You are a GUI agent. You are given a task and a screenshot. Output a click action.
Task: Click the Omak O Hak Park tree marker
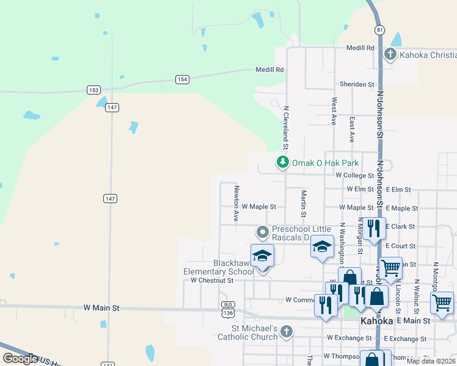click(282, 162)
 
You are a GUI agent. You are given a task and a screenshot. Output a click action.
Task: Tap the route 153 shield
click(93, 90)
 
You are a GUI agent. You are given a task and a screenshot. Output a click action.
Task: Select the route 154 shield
click(182, 79)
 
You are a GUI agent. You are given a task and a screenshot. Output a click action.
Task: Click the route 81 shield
click(381, 30)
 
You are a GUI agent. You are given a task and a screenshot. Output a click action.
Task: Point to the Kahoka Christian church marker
click(390, 55)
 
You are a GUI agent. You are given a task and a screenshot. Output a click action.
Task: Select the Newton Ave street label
click(236, 204)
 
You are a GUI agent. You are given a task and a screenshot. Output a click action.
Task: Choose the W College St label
click(355, 175)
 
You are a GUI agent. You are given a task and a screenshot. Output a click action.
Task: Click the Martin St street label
click(303, 204)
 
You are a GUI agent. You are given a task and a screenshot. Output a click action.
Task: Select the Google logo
click(20, 359)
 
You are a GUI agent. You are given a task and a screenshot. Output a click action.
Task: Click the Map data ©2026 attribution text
click(431, 361)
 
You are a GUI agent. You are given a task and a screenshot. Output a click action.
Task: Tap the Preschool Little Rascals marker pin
click(263, 232)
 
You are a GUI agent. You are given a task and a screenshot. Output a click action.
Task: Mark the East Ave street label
click(351, 130)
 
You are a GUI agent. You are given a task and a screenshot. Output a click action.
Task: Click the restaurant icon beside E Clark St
click(374, 228)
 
